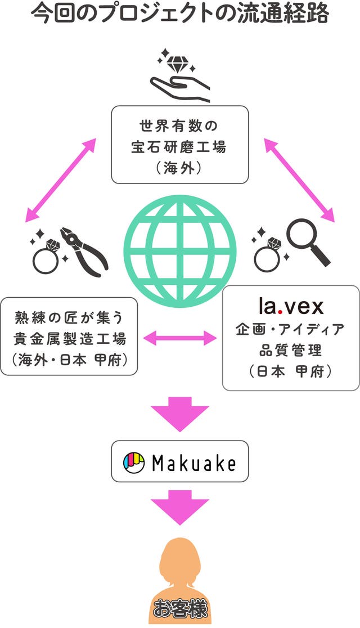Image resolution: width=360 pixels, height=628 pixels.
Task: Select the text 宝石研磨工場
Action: pos(179,147)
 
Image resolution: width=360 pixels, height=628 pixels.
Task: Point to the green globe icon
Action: pos(180,251)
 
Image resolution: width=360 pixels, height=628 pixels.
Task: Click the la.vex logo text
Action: pos(291,306)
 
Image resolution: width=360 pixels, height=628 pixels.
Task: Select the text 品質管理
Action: pos(290,350)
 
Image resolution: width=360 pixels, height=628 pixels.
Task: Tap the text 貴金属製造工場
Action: pos(70,339)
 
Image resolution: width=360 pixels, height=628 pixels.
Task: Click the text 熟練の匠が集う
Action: pos(70,318)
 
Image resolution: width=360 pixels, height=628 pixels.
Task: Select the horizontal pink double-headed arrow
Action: pos(180,338)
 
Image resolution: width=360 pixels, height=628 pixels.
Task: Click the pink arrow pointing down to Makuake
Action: pos(180,413)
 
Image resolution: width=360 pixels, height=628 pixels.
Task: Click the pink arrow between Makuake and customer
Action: pos(180,506)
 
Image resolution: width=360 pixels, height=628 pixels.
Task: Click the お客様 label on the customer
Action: pos(180,609)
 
